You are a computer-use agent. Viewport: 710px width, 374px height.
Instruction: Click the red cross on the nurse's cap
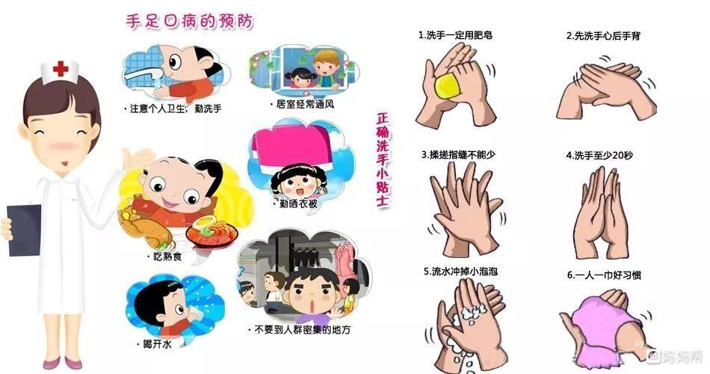pyautogui.click(x=61, y=69)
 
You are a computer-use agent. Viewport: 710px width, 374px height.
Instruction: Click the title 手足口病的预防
pyautogui.click(x=188, y=22)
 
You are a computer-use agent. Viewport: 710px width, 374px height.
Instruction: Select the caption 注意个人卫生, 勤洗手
pyautogui.click(x=173, y=108)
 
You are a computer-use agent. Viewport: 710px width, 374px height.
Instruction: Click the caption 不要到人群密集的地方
pyautogui.click(x=299, y=329)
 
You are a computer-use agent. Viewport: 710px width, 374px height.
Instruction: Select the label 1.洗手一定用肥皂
pyautogui.click(x=455, y=35)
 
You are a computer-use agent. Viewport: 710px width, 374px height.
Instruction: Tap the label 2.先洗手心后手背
pyautogui.click(x=602, y=35)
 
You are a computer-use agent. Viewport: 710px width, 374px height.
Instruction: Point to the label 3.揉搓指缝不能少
pyautogui.click(x=458, y=154)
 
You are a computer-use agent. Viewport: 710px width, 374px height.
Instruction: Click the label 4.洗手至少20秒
pyautogui.click(x=599, y=156)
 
